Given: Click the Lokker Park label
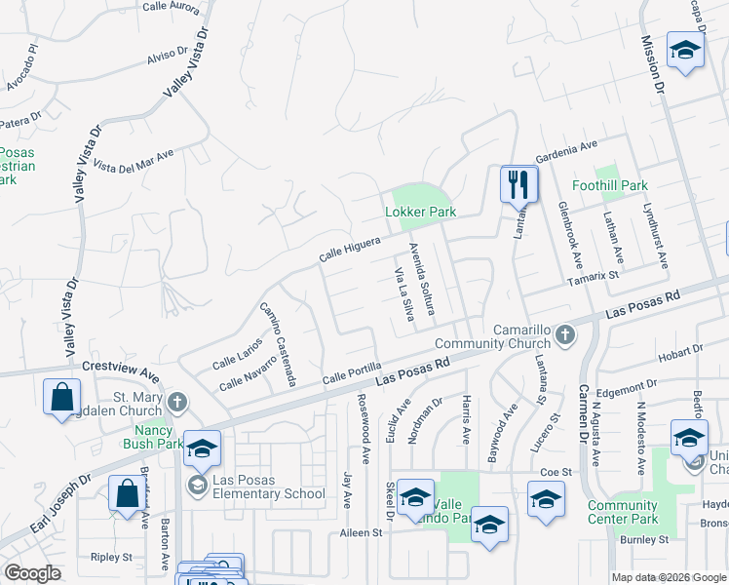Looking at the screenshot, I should point(419,213).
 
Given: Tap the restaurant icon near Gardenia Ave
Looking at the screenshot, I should point(518,182).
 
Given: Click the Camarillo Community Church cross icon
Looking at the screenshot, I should point(564,336).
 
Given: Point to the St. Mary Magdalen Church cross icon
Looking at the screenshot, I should point(176,402).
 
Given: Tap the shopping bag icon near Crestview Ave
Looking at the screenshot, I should point(62,398).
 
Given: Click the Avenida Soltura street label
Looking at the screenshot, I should point(421,277).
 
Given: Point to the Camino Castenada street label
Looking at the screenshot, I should point(277,343).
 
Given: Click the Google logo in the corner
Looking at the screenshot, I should point(32,573).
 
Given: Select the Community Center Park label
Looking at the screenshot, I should point(623,512).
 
